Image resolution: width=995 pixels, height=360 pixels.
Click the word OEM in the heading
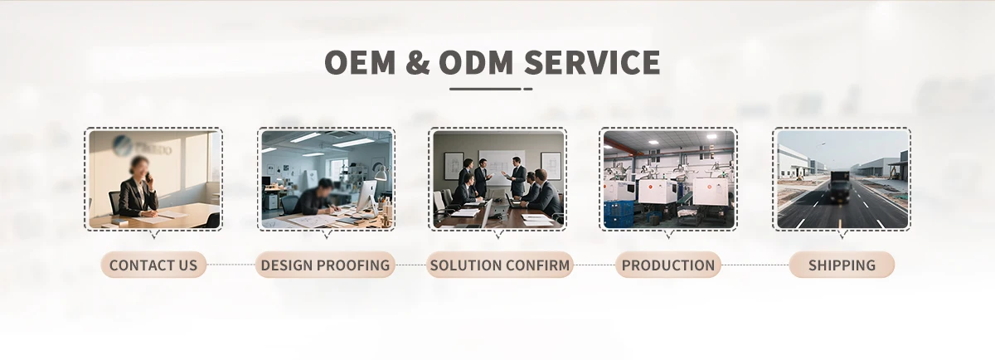click(360, 61)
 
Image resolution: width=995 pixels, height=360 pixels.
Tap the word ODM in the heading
click(476, 61)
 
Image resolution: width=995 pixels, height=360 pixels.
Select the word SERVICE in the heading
click(592, 61)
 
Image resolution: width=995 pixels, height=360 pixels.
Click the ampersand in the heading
click(418, 61)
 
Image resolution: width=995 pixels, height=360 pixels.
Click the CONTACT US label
click(153, 265)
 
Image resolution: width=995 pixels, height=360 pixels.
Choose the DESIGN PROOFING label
click(325, 265)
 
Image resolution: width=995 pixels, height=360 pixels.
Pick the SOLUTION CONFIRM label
click(500, 265)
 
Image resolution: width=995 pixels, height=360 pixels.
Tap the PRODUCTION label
click(668, 265)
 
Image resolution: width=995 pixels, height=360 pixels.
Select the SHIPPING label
click(842, 265)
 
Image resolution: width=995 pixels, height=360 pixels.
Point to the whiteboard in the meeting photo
click(502, 167)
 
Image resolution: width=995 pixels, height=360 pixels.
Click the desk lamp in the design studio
click(380, 173)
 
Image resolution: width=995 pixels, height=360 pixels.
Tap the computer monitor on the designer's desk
click(366, 197)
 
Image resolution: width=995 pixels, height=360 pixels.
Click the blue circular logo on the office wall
click(121, 144)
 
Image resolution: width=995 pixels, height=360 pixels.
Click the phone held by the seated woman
click(148, 178)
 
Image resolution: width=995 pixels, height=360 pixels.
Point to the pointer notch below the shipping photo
click(842, 234)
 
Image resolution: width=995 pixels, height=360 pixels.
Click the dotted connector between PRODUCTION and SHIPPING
click(755, 265)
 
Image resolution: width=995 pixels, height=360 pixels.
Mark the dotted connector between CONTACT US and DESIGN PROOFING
click(231, 265)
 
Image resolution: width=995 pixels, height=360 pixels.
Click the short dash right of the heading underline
click(528, 89)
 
